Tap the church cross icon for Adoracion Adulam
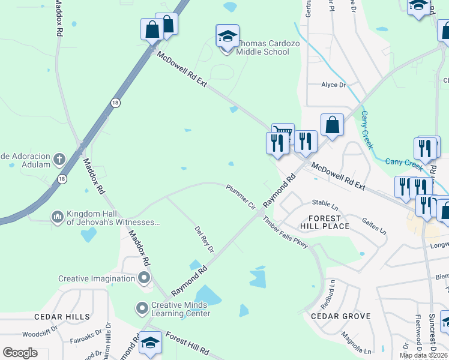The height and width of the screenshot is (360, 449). (59, 160)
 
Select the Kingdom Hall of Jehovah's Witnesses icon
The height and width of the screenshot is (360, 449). (57, 216)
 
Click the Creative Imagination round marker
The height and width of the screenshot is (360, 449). (143, 278)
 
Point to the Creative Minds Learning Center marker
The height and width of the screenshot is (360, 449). (142, 308)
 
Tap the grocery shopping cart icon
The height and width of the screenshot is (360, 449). (283, 133)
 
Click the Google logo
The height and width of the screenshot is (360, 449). (20, 353)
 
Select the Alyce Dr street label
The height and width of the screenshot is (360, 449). (333, 85)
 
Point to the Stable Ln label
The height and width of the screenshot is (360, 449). (325, 203)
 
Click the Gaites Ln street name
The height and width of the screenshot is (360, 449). (374, 226)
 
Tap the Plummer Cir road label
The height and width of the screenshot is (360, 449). (241, 196)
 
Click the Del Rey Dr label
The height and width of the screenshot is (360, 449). (204, 239)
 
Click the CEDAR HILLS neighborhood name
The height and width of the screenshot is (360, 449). (62, 316)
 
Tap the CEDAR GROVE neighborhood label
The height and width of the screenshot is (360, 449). (340, 316)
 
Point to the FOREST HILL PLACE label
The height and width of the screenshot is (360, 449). (328, 222)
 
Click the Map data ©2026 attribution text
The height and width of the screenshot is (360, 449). (423, 355)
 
